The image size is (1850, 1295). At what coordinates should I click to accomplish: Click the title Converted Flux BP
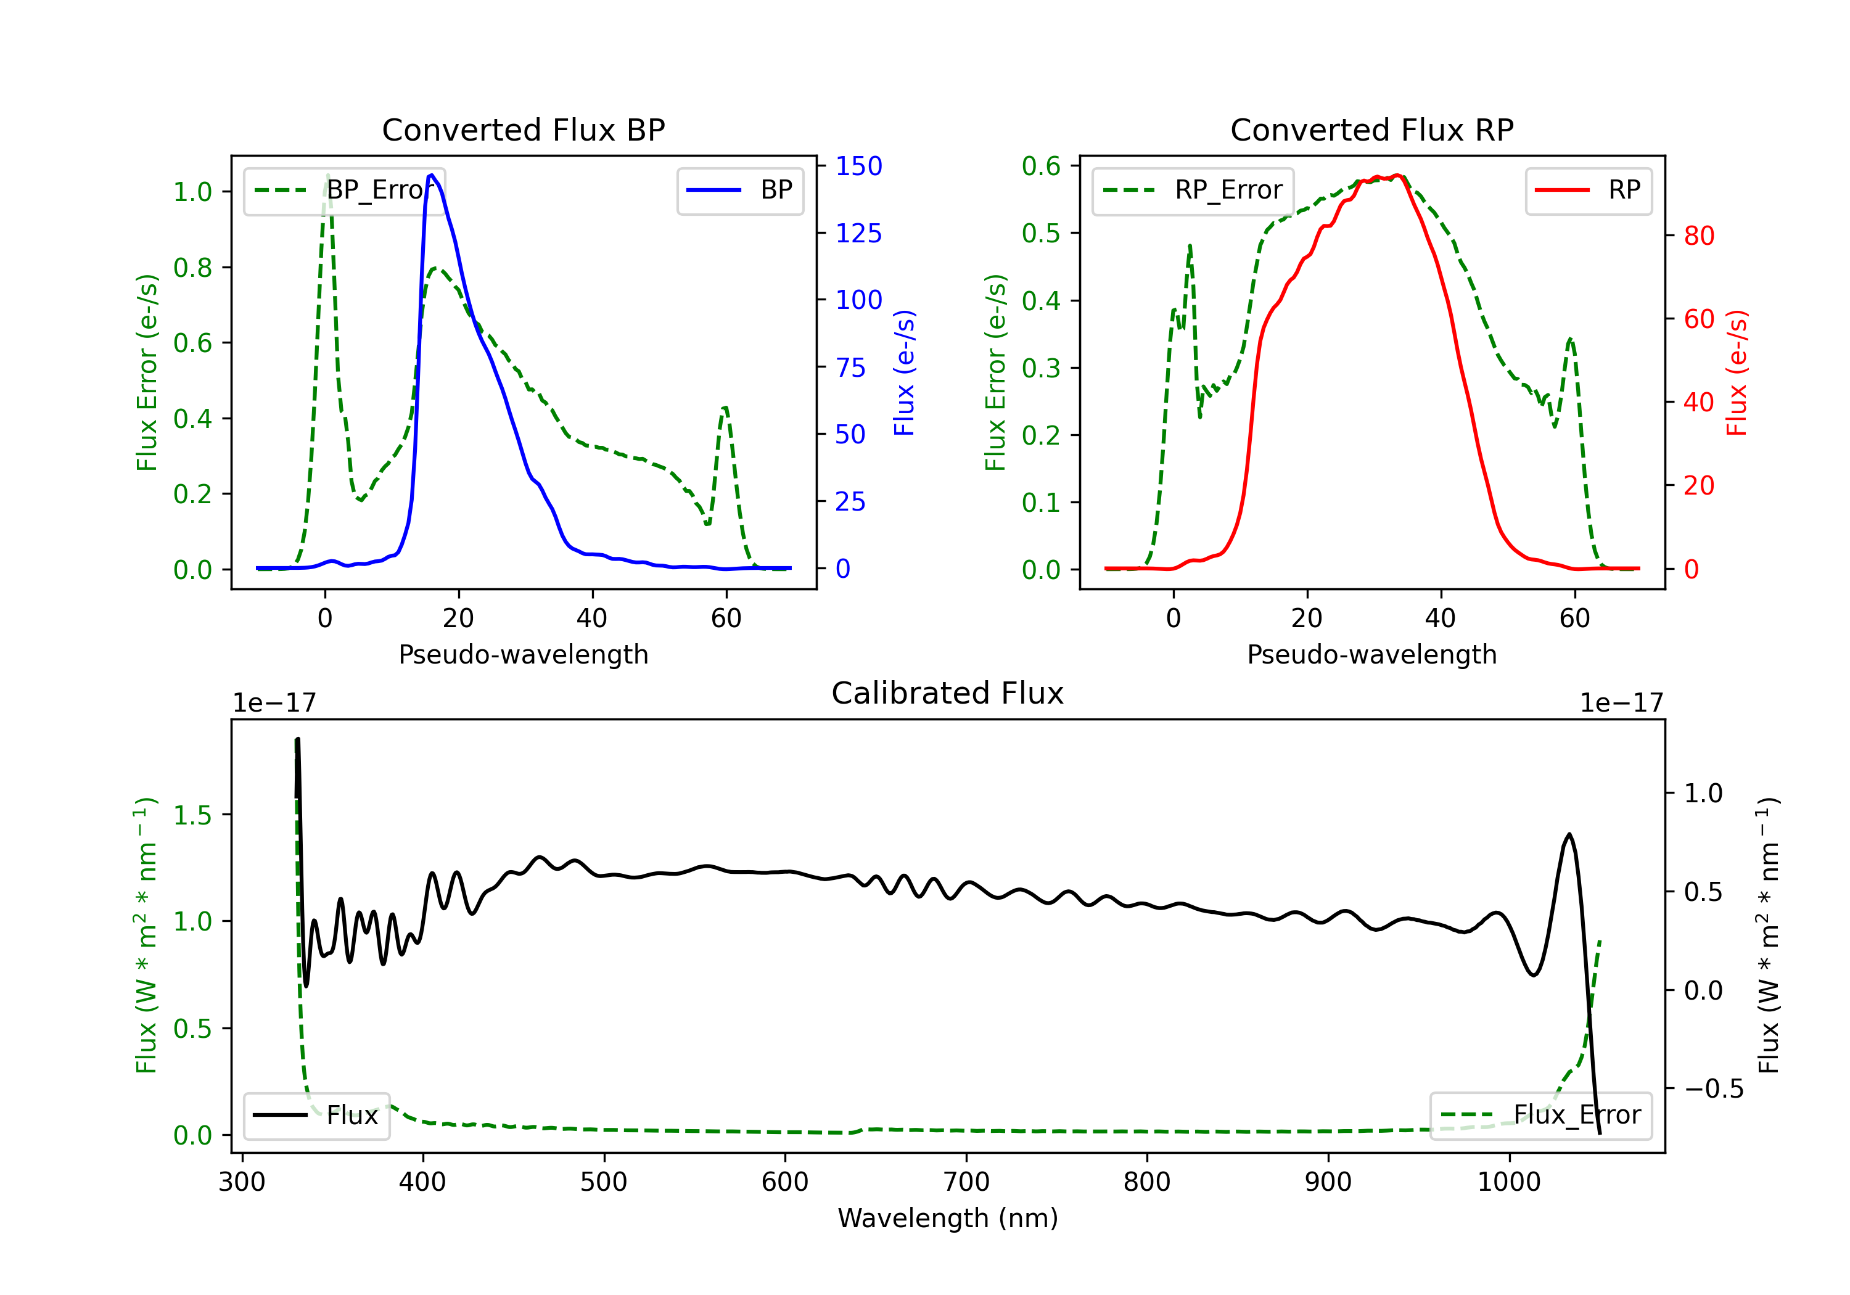point(523,129)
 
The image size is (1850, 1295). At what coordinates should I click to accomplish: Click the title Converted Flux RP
point(1371,129)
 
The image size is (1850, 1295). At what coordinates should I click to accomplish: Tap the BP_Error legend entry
point(345,190)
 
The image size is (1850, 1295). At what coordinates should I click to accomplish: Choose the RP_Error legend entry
point(1193,190)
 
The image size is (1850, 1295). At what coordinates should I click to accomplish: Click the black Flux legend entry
point(317,1116)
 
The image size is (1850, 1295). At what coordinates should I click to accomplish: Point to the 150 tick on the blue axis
point(858,166)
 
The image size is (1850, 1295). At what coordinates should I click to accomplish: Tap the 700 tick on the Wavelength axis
point(966,1182)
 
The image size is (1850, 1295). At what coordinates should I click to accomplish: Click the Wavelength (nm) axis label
point(948,1218)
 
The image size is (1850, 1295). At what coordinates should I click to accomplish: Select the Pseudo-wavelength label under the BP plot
point(523,654)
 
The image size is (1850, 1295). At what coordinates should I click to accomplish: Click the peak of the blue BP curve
point(432,175)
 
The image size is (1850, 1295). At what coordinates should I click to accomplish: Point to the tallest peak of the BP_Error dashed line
point(327,176)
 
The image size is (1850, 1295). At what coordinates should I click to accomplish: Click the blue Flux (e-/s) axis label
point(904,372)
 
